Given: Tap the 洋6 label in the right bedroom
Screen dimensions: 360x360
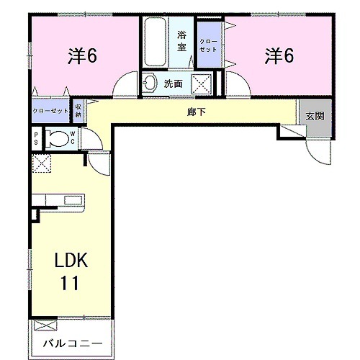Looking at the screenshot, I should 279,55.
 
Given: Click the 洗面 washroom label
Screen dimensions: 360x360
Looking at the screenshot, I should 173,84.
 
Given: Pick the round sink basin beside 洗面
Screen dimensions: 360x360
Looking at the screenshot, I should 150,83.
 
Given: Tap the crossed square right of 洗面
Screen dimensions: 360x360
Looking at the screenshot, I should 201,83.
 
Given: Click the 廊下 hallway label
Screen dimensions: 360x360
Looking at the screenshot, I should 191,112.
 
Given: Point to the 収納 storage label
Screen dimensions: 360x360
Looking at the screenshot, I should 78,111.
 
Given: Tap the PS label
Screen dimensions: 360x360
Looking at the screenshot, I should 35,138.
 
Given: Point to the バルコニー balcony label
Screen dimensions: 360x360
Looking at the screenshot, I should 71,343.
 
